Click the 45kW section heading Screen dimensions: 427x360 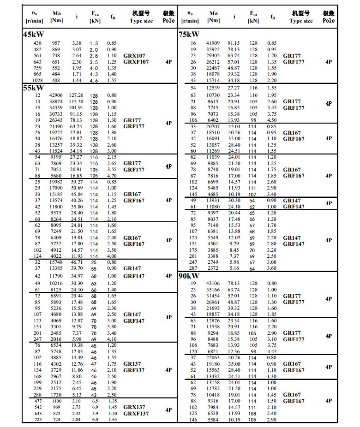click(33, 34)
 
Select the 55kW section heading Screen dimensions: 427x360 click(33, 88)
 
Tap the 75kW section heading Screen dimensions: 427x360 click(189, 34)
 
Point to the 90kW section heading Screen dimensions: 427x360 click(189, 276)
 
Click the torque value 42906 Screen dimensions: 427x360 click(56, 95)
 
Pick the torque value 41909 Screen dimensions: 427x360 click(213, 43)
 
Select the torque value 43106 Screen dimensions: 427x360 click(213, 283)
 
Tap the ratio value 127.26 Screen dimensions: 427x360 click(76, 95)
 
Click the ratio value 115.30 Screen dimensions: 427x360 click(76, 101)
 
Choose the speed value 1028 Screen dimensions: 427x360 click(37, 80)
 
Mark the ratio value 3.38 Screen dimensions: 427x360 click(77, 43)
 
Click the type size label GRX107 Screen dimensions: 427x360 click(134, 56)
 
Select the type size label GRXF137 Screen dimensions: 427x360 click(136, 414)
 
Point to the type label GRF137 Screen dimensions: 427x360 click(134, 370)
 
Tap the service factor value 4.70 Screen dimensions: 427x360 click(111, 176)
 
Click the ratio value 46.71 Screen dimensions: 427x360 click(76, 261)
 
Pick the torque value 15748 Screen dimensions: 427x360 click(56, 261)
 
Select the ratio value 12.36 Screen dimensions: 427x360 click(234, 351)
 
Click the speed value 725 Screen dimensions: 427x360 click(37, 419)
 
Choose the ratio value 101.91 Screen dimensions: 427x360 click(76, 108)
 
